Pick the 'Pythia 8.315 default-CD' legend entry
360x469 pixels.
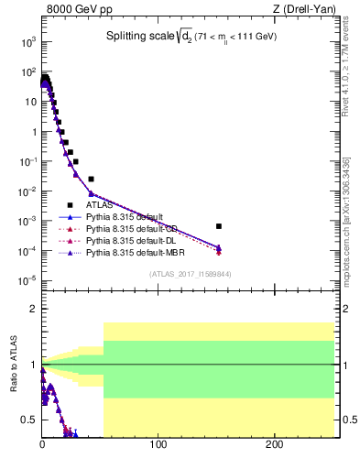pos(128,228)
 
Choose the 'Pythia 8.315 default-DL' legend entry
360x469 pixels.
pos(128,240)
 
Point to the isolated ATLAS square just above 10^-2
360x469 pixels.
pos(91,179)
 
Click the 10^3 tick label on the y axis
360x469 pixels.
pos(27,42)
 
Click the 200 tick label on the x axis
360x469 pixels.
pos(275,444)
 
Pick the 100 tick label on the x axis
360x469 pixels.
pos(158,444)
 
